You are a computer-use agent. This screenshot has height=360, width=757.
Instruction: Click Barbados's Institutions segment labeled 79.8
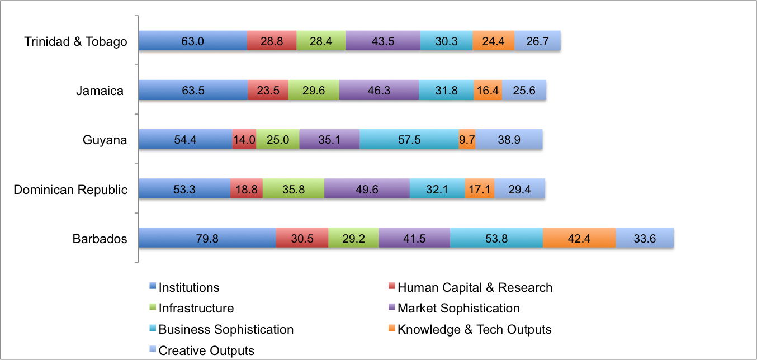coord(207,238)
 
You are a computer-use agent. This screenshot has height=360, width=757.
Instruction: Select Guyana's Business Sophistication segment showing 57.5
coord(409,140)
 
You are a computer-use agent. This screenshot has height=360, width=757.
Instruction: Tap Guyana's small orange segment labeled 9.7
coord(467,140)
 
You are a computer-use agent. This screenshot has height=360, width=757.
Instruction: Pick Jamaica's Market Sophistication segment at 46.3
coord(379,91)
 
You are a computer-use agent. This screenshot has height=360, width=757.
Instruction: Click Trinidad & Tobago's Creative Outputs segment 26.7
coord(537,41)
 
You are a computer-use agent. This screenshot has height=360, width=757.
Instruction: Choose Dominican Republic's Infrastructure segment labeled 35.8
coord(293,189)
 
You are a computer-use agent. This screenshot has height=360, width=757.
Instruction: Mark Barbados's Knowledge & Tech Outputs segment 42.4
coord(579,238)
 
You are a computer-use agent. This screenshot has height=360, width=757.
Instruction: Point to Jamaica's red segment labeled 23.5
coord(268,91)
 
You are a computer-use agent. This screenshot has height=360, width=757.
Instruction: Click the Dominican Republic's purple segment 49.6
coord(367,189)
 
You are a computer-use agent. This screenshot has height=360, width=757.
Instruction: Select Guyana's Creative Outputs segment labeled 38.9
coord(509,140)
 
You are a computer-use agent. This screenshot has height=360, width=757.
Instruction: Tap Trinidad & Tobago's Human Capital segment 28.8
coord(272,41)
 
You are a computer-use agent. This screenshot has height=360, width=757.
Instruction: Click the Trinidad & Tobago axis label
coord(76,42)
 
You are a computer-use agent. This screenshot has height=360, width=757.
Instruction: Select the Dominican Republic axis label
coord(70,190)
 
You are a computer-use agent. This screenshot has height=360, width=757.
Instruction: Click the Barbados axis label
coord(100,239)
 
